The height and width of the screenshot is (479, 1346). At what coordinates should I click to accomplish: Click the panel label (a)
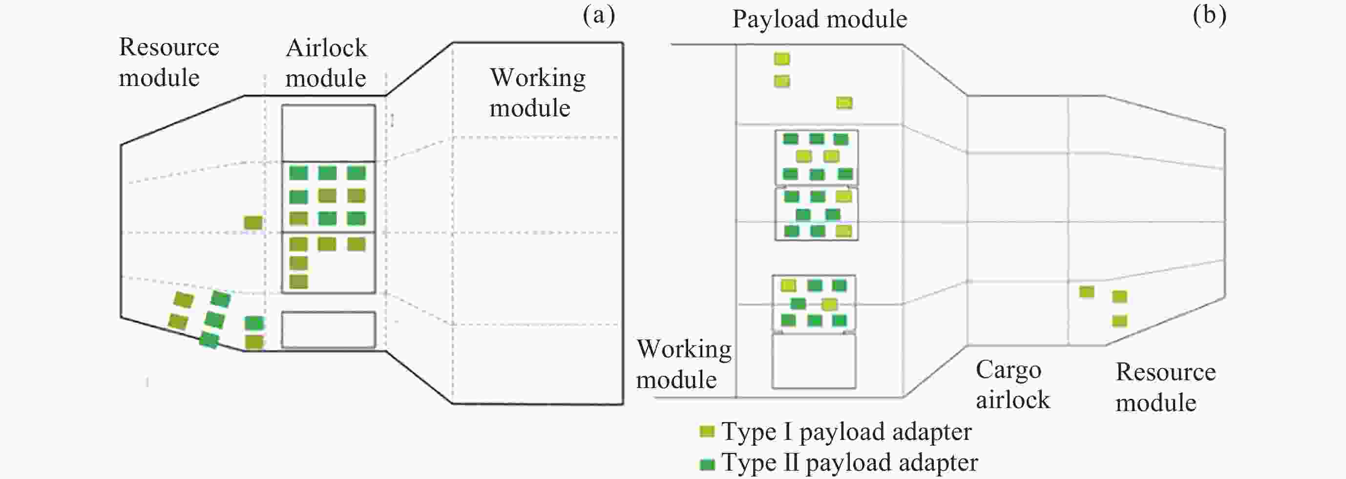pyautogui.click(x=599, y=16)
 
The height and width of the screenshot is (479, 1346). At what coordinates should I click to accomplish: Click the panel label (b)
pyautogui.click(x=1209, y=16)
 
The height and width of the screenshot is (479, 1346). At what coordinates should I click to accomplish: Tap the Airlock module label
pyautogui.click(x=326, y=63)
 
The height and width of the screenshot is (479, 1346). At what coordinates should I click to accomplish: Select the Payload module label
pyautogui.click(x=820, y=20)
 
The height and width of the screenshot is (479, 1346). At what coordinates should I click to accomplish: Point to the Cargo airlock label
pyautogui.click(x=1012, y=385)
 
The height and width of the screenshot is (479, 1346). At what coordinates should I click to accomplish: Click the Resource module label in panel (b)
pyautogui.click(x=1165, y=387)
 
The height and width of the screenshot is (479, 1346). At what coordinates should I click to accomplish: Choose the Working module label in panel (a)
pyautogui.click(x=537, y=92)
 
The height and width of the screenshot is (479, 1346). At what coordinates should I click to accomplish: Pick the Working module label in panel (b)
pyautogui.click(x=683, y=364)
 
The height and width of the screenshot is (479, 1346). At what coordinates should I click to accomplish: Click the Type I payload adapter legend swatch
pyautogui.click(x=707, y=432)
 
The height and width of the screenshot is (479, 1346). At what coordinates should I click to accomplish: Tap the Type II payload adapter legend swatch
pyautogui.click(x=707, y=464)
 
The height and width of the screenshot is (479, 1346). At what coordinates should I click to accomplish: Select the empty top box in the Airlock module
pyautogui.click(x=328, y=133)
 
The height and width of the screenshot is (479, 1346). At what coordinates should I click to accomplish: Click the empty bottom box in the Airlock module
pyautogui.click(x=328, y=329)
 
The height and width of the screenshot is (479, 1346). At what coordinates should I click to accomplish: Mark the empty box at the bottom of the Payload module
pyautogui.click(x=814, y=361)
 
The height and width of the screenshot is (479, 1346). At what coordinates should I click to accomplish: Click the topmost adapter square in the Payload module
pyautogui.click(x=782, y=59)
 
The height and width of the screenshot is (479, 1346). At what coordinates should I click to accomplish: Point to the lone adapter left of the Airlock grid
pyautogui.click(x=253, y=223)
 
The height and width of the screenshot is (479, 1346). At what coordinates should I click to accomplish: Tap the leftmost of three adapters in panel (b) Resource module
pyautogui.click(x=1087, y=292)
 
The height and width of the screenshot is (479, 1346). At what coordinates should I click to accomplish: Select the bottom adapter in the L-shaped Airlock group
pyautogui.click(x=298, y=282)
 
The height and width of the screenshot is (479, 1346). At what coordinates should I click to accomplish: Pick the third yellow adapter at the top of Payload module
pyautogui.click(x=844, y=103)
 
